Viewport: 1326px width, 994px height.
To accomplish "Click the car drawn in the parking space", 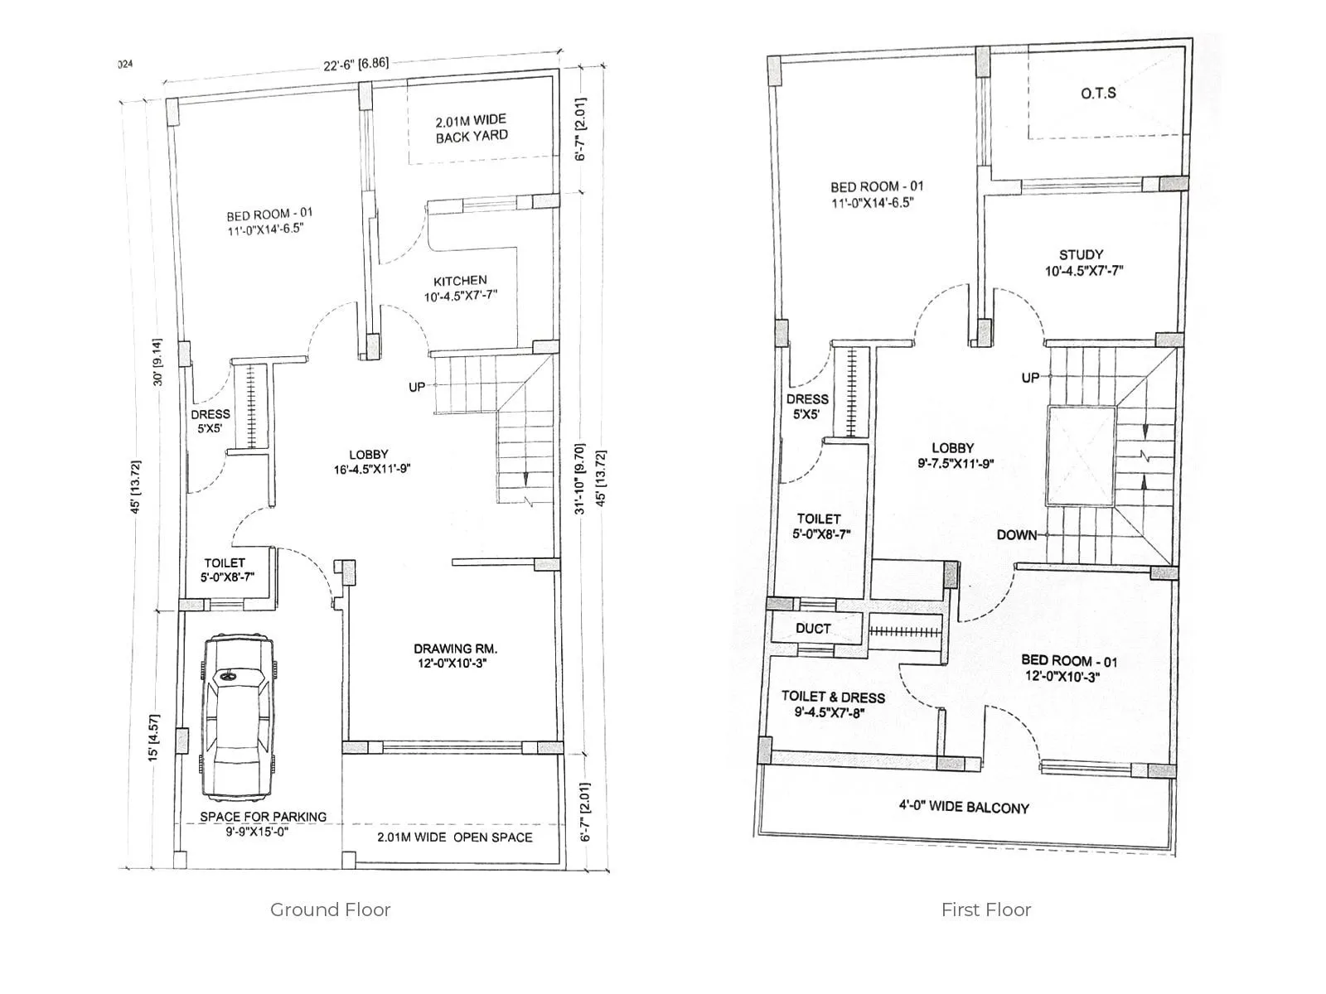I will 237,716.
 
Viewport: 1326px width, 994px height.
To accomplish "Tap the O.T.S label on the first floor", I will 1098,94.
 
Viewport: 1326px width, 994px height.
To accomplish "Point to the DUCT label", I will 812,629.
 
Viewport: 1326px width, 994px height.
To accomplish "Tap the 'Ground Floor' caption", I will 330,910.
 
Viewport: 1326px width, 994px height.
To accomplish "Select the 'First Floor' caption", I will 985,910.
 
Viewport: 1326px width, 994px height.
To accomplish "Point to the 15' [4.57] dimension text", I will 154,738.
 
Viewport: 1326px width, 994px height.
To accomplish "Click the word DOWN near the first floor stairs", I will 1016,535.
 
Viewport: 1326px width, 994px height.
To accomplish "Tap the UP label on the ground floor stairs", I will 416,387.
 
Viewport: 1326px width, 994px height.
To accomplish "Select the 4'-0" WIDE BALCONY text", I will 965,807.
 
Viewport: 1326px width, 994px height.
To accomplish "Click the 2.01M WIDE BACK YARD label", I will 472,128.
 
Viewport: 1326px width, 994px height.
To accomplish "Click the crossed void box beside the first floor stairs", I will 1081,456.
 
